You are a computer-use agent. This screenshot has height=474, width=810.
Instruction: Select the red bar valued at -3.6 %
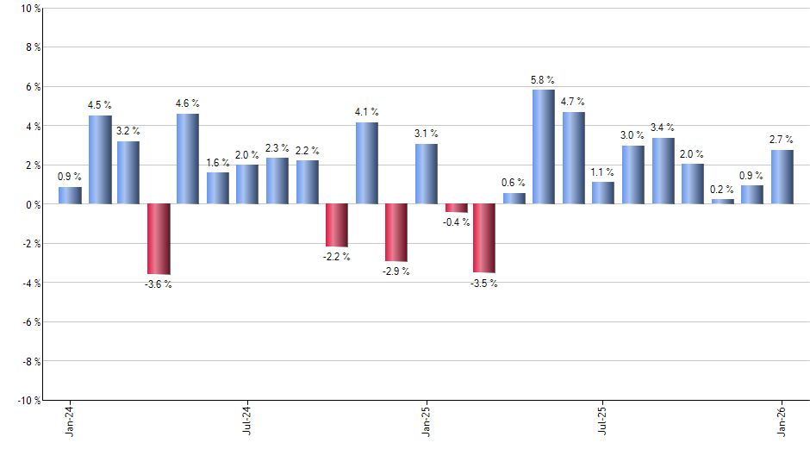pyautogui.click(x=159, y=239)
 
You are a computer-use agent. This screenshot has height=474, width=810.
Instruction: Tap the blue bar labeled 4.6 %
pyautogui.click(x=188, y=159)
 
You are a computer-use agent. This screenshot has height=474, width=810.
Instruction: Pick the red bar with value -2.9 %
pyautogui.click(x=396, y=233)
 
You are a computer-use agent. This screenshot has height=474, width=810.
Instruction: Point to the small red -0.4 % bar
pyautogui.click(x=457, y=208)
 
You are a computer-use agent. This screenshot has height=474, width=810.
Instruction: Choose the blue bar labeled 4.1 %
pyautogui.click(x=367, y=163)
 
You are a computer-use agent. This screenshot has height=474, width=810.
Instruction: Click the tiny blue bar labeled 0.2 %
pyautogui.click(x=723, y=202)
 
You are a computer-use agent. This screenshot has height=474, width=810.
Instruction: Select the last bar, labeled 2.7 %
pyautogui.click(x=782, y=177)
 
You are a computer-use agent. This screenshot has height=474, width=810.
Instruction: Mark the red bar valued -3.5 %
pyautogui.click(x=484, y=238)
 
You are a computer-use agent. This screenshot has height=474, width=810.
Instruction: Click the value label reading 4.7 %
pyautogui.click(x=573, y=101)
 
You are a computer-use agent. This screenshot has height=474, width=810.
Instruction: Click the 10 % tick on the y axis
pyautogui.click(x=28, y=9)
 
